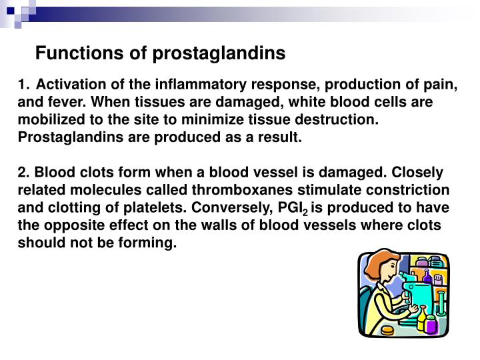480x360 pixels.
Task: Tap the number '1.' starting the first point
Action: point(24,85)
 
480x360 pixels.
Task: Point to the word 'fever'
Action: point(63,103)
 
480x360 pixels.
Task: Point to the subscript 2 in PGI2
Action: point(304,213)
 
